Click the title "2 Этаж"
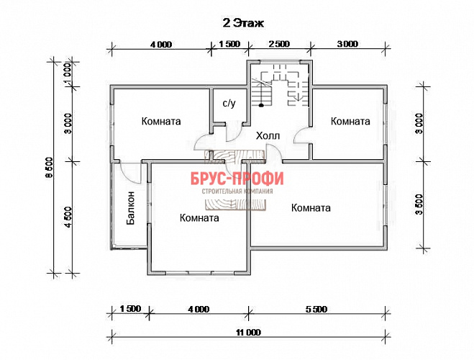[243, 23]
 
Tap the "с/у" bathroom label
[229, 103]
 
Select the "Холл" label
[268, 136]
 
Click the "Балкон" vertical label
[131, 208]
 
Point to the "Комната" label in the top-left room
[161, 121]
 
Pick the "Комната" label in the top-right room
[350, 121]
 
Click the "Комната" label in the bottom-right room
[311, 208]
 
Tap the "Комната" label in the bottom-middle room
[199, 218]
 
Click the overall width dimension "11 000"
[248, 333]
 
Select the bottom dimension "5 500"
[316, 309]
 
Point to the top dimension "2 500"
[279, 44]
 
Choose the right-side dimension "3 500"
[419, 204]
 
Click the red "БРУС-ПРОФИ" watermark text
[237, 179]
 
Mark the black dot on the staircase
[261, 105]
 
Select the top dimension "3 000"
[347, 44]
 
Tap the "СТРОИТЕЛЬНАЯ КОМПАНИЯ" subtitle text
[237, 192]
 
